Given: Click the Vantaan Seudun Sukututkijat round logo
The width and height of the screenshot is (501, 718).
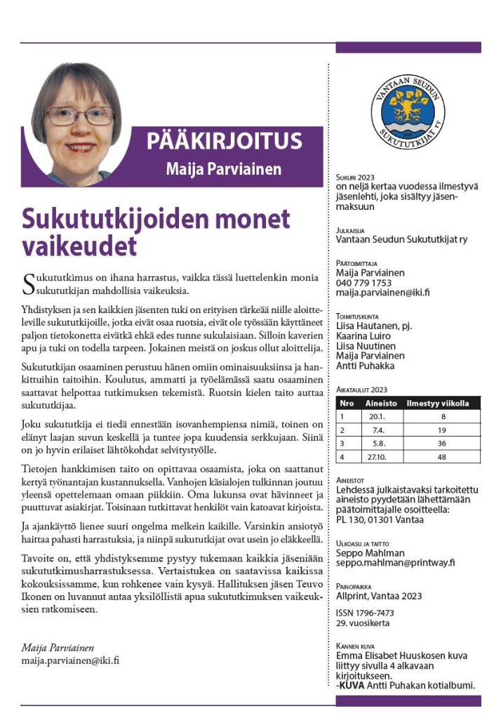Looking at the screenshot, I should point(408,111).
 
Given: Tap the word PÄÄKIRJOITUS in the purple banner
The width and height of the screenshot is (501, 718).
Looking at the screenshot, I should point(225,142).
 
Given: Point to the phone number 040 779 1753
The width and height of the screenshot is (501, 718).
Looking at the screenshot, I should point(363,283).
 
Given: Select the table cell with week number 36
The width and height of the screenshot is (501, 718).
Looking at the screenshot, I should point(442,443).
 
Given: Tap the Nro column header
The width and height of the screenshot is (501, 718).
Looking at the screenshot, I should point(347,404).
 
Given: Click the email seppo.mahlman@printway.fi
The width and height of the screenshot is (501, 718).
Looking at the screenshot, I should point(396,562).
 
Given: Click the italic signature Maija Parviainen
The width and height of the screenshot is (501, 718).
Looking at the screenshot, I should point(58,647).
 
